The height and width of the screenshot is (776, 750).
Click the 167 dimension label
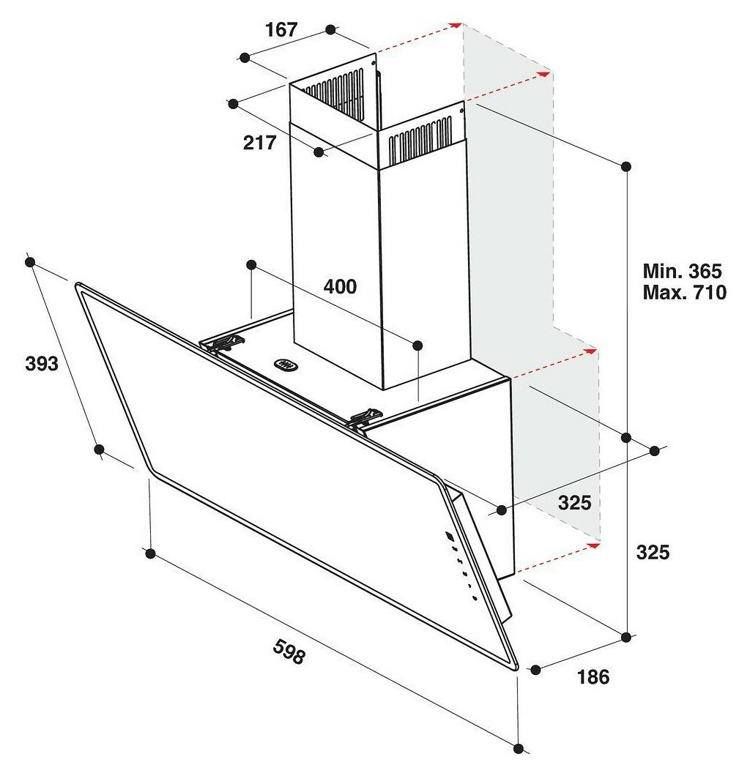point(281,30)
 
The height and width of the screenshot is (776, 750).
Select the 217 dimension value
point(259,143)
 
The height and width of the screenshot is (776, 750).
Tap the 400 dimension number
point(340,286)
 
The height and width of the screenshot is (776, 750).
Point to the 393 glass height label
point(42,364)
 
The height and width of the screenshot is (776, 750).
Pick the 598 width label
point(289,652)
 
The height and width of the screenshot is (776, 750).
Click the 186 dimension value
point(593,677)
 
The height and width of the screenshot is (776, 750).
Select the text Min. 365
point(682,271)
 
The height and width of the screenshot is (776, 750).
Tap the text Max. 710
point(685,293)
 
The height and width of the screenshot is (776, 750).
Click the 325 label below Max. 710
point(653,552)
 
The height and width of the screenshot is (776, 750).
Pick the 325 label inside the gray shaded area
point(574,503)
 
